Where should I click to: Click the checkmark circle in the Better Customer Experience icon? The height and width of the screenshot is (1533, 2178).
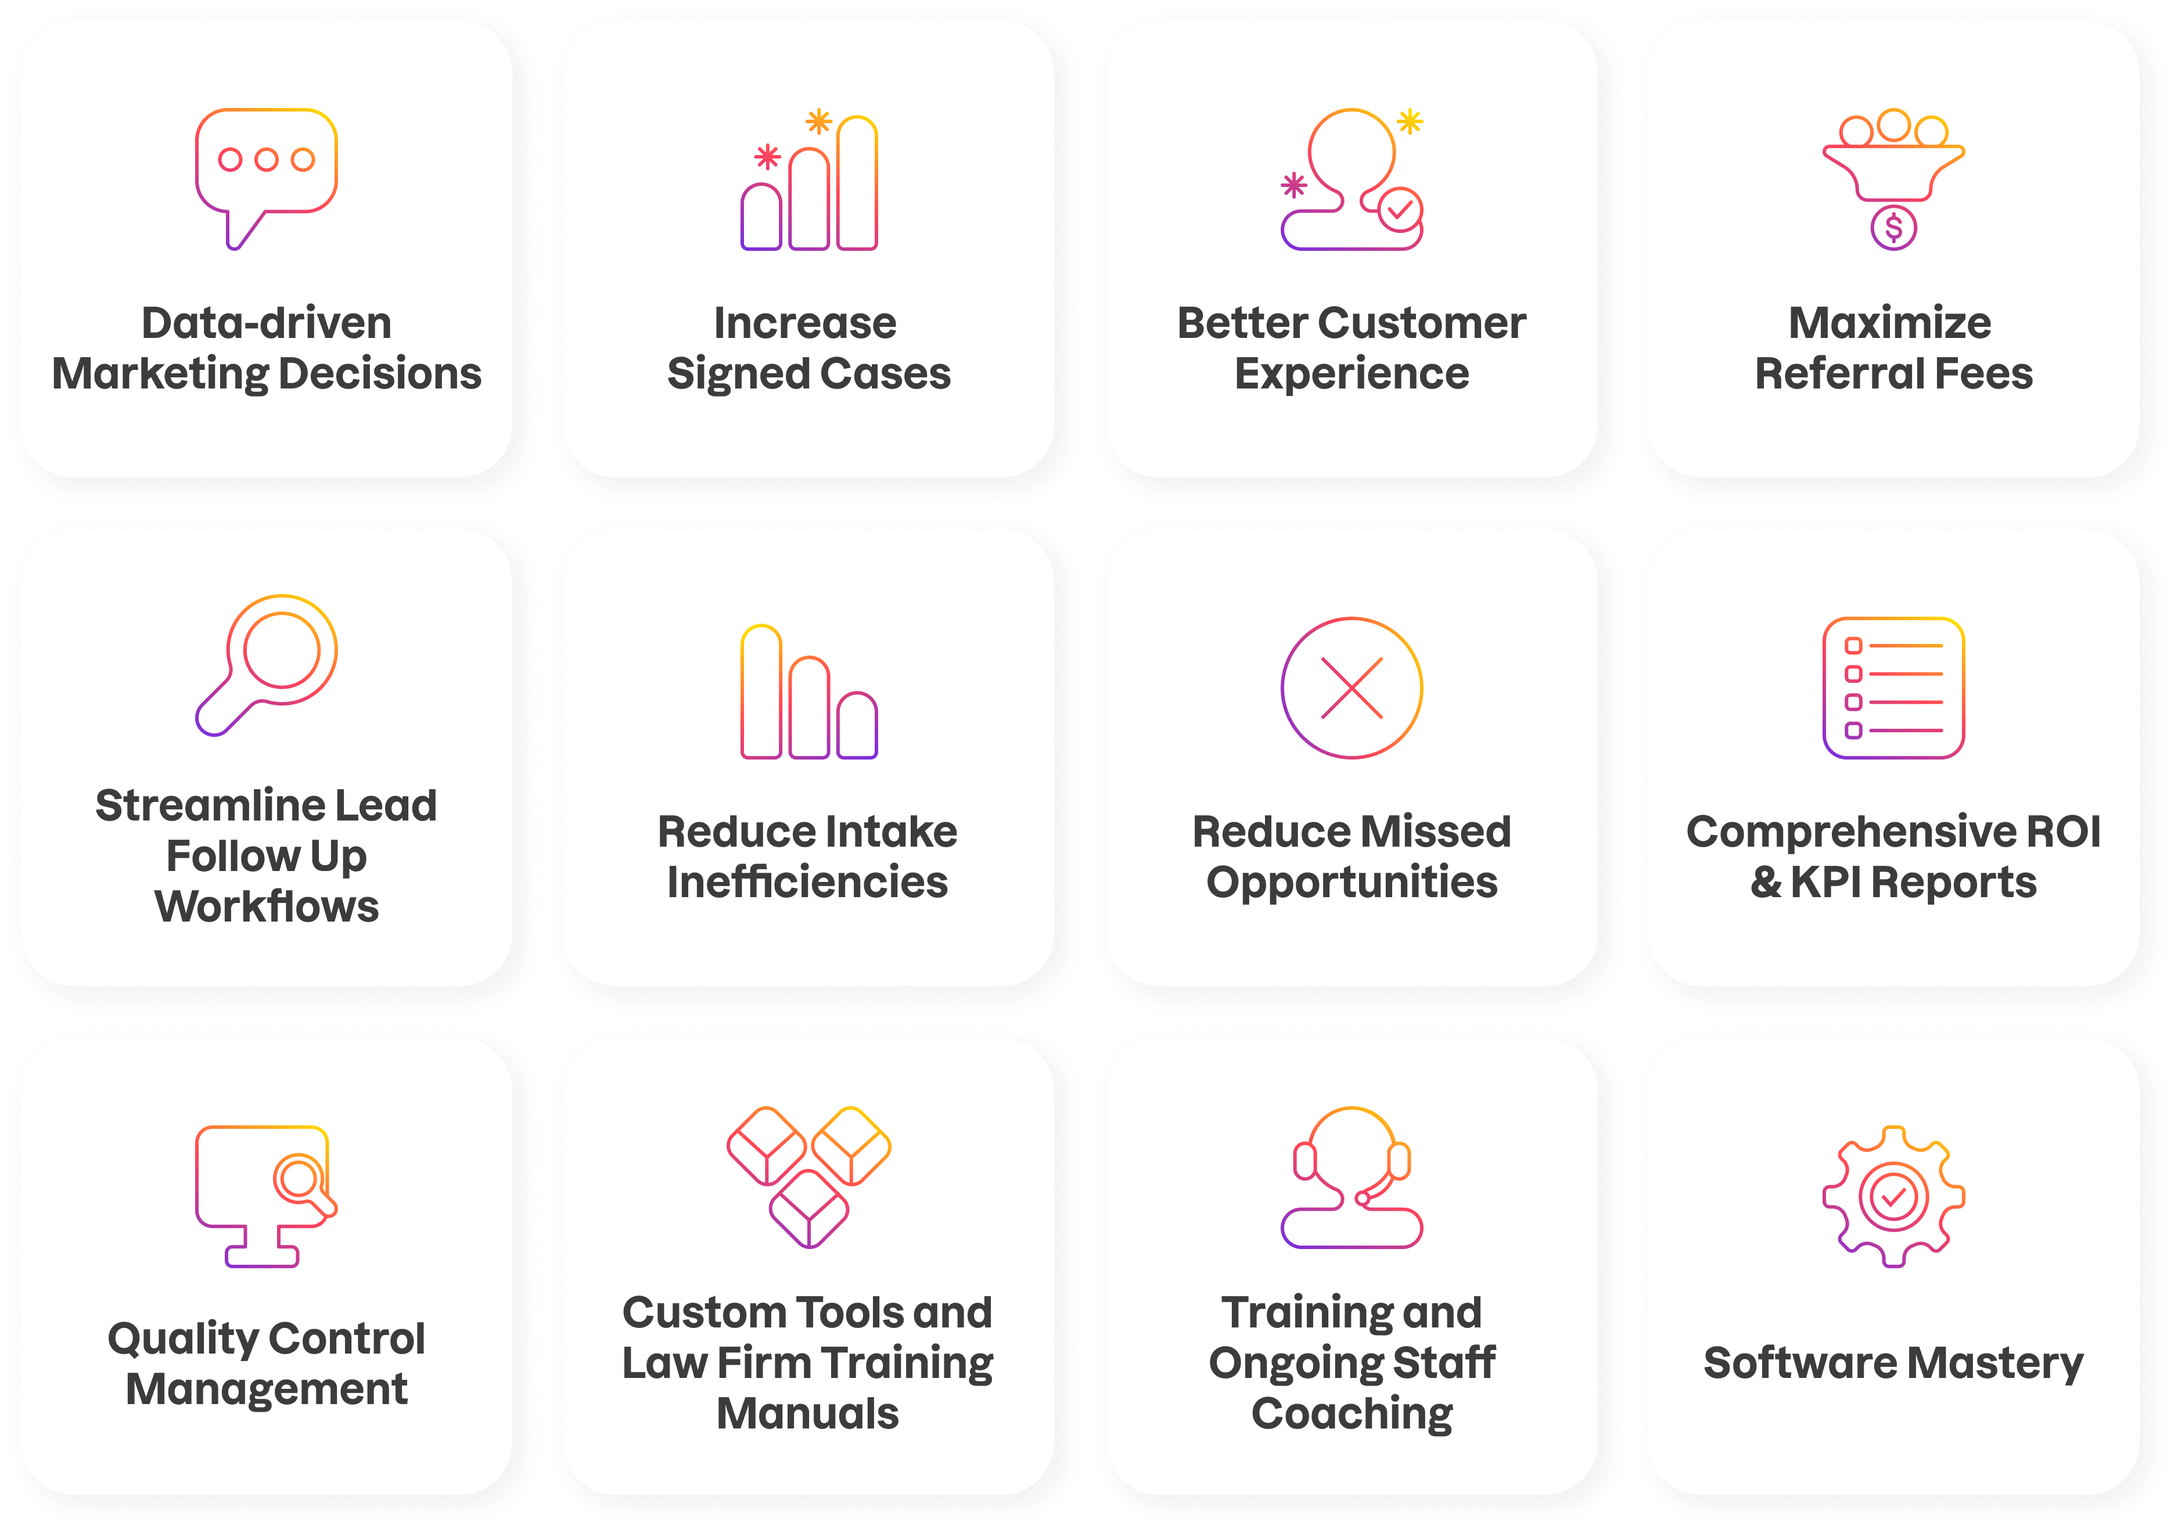pos(1400,210)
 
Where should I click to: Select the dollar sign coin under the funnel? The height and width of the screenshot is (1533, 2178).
pos(1893,228)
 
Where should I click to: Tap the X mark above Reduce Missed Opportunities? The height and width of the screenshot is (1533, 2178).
pos(1352,688)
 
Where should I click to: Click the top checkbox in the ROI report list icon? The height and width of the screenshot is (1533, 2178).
pos(1853,646)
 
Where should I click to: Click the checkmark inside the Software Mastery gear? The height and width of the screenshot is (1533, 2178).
pos(1893,1197)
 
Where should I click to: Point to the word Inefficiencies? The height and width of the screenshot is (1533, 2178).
pos(807,882)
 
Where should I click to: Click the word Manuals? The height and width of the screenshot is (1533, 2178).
pos(807,1413)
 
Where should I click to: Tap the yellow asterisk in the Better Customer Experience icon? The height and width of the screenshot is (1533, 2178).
pos(1411,121)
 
